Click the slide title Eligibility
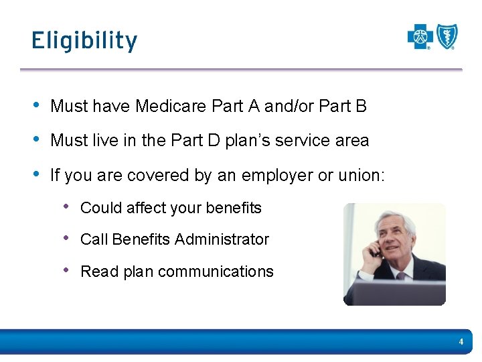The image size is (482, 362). pyautogui.click(x=84, y=41)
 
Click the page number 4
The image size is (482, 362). pyautogui.click(x=461, y=342)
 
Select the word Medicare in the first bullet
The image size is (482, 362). pyautogui.click(x=171, y=106)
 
